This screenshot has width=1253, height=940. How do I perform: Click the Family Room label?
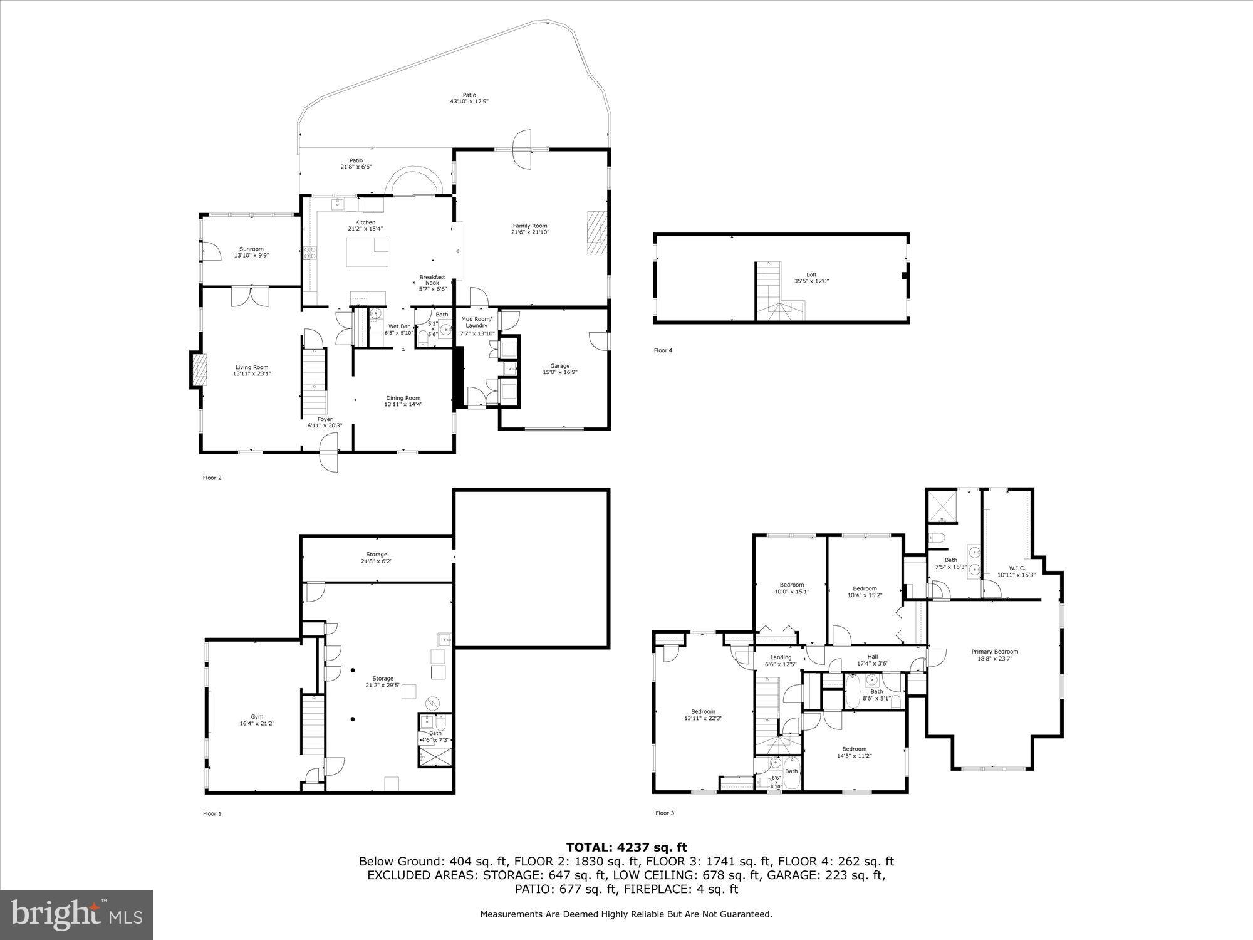tap(530, 226)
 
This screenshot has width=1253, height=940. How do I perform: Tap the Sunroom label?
tap(251, 249)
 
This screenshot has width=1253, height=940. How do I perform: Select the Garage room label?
tap(559, 366)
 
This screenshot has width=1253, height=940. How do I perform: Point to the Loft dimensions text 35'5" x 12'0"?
tap(811, 281)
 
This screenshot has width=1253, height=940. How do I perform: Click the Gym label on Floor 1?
tap(257, 716)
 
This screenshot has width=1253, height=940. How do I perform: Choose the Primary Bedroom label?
tap(994, 652)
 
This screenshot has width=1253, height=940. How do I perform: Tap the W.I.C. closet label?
tap(1016, 568)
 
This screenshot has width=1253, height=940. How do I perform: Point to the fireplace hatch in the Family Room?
tap(596, 232)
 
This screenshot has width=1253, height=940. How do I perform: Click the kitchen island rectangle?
tap(367, 252)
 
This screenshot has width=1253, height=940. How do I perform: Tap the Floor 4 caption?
tap(663, 350)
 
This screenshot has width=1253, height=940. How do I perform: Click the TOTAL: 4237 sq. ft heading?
tap(626, 848)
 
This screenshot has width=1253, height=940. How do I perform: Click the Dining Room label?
tap(403, 398)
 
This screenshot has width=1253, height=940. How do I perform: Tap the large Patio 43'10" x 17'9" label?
tap(469, 95)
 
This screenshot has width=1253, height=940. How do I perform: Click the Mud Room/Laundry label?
tap(477, 322)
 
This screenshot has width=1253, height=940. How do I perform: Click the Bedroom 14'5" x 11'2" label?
tap(854, 749)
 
